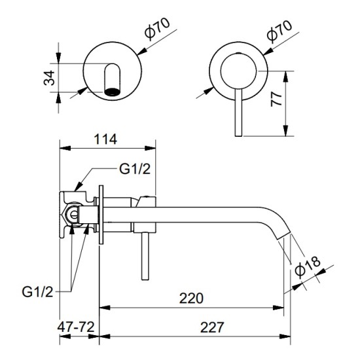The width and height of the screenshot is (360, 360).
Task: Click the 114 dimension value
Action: click(x=105, y=139)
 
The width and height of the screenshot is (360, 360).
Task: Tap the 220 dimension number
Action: click(x=191, y=298)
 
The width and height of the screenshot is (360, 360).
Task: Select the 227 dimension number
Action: click(x=212, y=327)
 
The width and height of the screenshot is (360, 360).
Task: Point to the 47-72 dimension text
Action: click(x=76, y=327)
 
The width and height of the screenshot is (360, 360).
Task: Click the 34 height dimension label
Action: click(x=49, y=78)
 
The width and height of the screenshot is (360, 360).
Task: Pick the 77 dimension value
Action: click(x=276, y=99)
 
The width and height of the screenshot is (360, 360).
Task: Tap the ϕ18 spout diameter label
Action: click(x=308, y=266)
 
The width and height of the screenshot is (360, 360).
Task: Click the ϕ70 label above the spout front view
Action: click(x=158, y=28)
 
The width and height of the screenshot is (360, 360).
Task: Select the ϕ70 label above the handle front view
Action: click(x=279, y=31)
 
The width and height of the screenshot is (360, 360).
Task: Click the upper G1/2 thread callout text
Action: click(x=135, y=170)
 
